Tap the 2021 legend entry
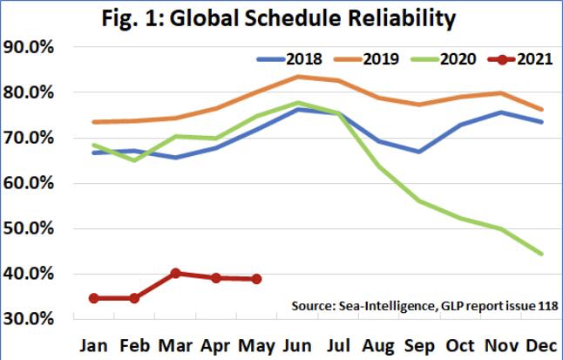529,59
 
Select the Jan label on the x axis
95,344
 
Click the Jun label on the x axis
300,344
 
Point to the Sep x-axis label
420,344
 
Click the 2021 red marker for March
175,273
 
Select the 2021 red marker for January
94,298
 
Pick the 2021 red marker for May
255,279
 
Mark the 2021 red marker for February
134,298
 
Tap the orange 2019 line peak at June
298,77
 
